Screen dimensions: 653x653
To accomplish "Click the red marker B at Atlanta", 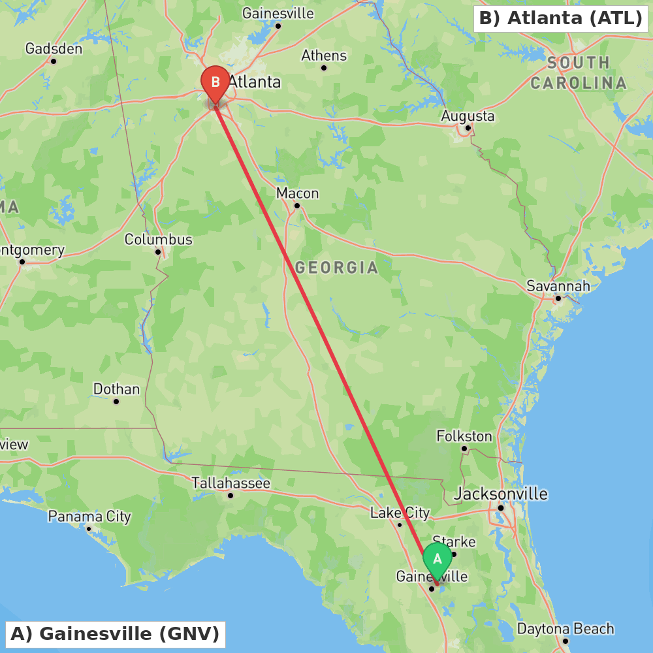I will (215, 82).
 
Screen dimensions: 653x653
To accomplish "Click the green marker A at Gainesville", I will (438, 559).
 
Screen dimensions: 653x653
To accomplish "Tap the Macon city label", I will (297, 193).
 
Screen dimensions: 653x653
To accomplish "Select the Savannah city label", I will (558, 286).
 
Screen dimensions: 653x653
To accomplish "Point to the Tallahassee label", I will (231, 483).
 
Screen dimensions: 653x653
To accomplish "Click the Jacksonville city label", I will (501, 494).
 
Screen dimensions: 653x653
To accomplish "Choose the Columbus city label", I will (159, 240).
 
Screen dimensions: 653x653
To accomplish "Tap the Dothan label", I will (116, 389).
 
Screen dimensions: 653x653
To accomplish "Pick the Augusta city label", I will (468, 116).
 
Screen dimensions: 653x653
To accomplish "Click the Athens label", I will (324, 56).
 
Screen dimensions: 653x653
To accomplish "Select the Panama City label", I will (89, 517).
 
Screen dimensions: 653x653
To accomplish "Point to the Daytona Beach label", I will (565, 629).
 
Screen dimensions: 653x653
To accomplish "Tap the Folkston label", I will (464, 436).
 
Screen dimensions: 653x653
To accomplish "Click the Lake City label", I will (400, 513).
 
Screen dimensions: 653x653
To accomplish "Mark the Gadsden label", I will (54, 49).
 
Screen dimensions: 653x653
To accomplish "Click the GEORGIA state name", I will (336, 268).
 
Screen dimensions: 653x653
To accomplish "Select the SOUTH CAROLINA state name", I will (578, 73).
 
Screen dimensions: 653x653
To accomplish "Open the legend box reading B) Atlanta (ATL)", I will (560, 18).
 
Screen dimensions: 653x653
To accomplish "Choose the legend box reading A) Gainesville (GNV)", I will (115, 634).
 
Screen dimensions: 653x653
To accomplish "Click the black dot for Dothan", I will (116, 401).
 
